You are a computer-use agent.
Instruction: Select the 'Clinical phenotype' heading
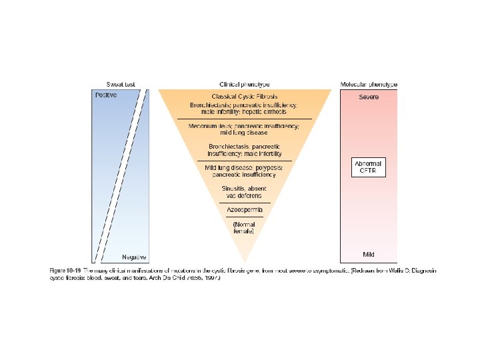click(x=244, y=85)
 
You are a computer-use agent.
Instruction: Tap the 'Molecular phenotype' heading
click(x=369, y=85)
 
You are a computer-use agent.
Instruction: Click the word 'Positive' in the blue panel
click(x=105, y=95)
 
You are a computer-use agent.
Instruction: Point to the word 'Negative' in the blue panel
click(x=134, y=257)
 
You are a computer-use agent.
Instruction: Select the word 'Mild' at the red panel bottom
click(x=369, y=255)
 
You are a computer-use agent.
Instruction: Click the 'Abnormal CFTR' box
click(x=369, y=167)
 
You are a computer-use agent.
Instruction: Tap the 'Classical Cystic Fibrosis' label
click(x=244, y=97)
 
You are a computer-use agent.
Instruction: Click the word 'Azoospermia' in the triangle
click(x=244, y=210)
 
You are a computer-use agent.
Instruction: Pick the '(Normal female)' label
click(x=244, y=227)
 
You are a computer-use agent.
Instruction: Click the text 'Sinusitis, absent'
click(x=244, y=189)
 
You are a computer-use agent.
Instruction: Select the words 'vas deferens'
click(x=244, y=196)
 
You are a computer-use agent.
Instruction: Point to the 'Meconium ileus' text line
click(x=244, y=125)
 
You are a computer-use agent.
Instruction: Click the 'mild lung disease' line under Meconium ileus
click(x=244, y=133)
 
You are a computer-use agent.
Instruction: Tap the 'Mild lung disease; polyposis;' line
click(x=244, y=167)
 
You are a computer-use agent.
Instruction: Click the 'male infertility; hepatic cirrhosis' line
click(x=244, y=112)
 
